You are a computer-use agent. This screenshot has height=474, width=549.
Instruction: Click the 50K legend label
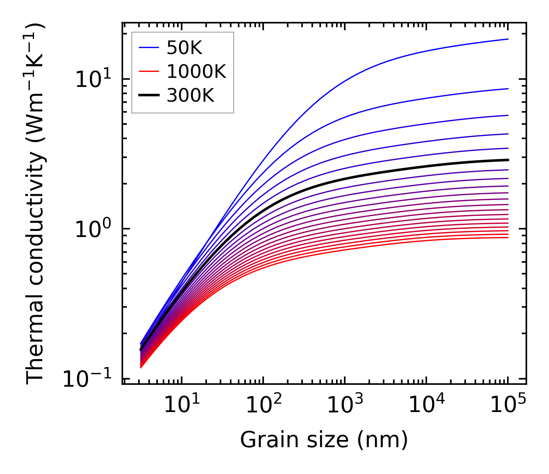[184, 48]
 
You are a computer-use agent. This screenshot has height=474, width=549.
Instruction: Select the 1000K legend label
[196, 71]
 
